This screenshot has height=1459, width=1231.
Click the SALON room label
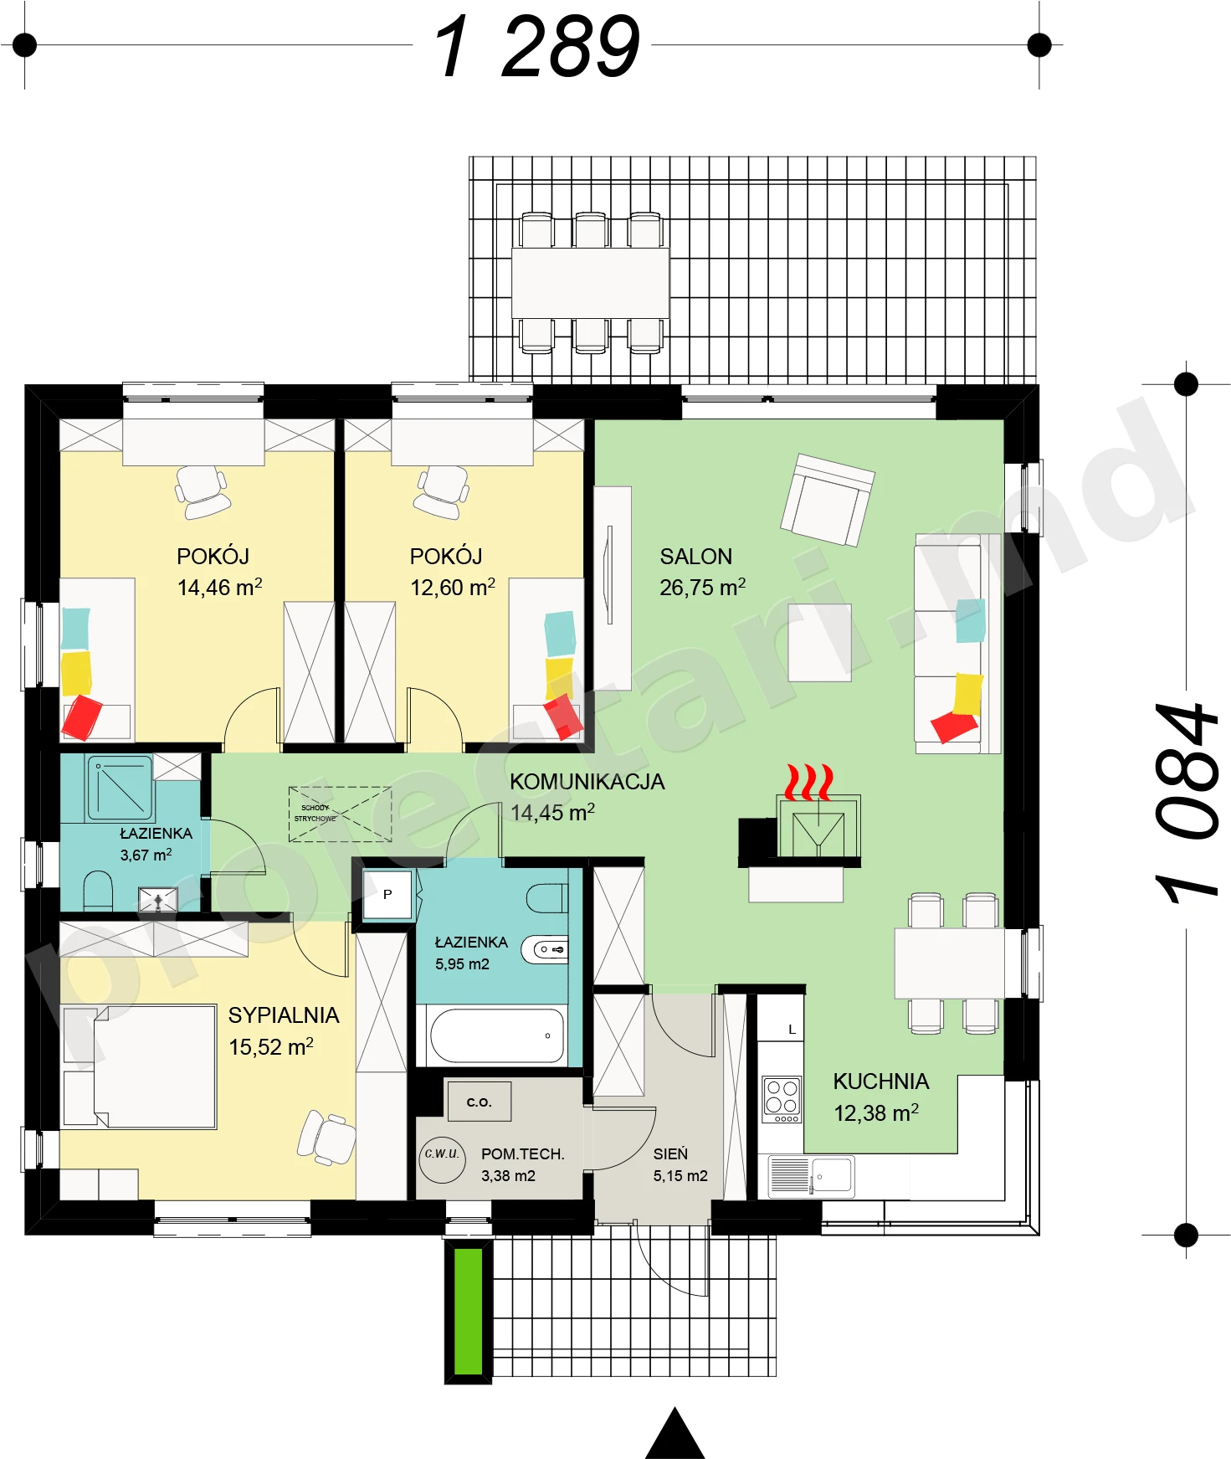pyautogui.click(x=695, y=557)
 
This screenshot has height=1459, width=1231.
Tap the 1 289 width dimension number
pyautogui.click(x=536, y=47)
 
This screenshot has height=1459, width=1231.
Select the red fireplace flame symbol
pyautogui.click(x=808, y=782)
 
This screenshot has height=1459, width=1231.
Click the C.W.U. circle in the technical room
pyautogui.click(x=442, y=1158)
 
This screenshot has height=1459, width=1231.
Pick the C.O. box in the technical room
pyautogui.click(x=479, y=1101)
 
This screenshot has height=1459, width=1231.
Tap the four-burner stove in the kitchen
pyautogui.click(x=782, y=1099)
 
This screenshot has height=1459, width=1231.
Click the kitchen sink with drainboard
pyautogui.click(x=811, y=1175)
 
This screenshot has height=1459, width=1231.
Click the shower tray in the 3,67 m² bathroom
pyautogui.click(x=120, y=788)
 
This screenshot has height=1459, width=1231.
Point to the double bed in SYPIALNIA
pyautogui.click(x=140, y=1066)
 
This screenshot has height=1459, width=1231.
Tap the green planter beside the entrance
pyautogui.click(x=469, y=1311)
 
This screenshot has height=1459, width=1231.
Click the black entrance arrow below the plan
pyautogui.click(x=675, y=1434)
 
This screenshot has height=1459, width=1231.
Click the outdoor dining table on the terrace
pyautogui.click(x=591, y=282)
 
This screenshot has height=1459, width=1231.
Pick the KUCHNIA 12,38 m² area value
pyautogui.click(x=876, y=1113)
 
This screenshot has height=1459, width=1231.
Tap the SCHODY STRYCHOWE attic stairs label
pyautogui.click(x=315, y=814)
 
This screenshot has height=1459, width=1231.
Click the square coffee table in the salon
pyautogui.click(x=820, y=643)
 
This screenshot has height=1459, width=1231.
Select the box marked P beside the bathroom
pyautogui.click(x=387, y=895)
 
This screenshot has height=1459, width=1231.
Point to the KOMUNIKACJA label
pyautogui.click(x=587, y=782)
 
